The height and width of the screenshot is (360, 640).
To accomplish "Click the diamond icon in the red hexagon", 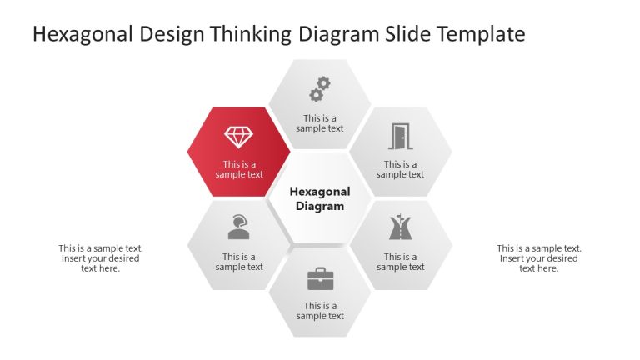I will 238,137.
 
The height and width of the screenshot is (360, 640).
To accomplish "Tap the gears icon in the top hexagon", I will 320,89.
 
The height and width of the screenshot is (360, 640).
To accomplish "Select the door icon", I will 401,136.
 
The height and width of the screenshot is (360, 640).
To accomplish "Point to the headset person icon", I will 239,227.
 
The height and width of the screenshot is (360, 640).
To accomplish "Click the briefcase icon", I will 320,278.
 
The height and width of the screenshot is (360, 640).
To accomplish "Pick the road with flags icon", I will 401,227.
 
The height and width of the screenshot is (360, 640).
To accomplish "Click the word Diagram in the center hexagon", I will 320,207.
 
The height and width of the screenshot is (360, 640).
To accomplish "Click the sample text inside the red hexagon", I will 239,169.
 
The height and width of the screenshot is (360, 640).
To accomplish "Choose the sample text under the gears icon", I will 320,123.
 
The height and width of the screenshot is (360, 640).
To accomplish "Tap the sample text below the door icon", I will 400,169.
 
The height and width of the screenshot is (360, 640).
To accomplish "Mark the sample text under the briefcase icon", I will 320,311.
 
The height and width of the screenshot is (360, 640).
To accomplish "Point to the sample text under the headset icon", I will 239,262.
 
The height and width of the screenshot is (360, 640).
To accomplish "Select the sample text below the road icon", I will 400,262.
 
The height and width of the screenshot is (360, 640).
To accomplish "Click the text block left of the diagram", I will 101,258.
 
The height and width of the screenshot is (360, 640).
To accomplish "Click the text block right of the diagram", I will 539,258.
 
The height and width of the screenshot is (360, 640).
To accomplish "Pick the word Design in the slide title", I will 172,34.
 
